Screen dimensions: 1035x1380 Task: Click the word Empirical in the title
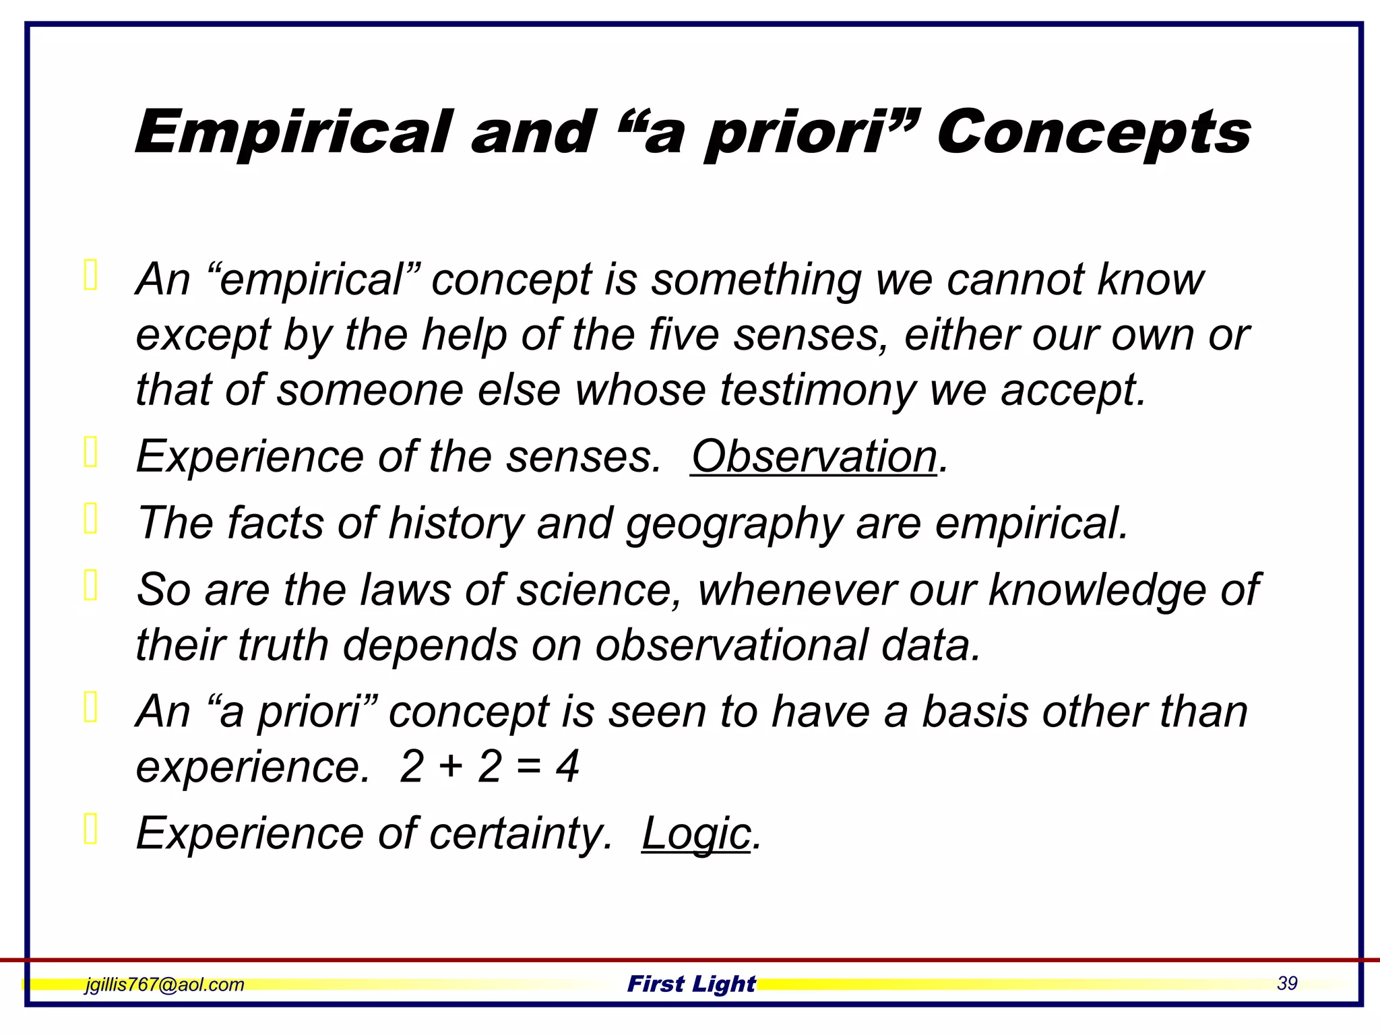(293, 133)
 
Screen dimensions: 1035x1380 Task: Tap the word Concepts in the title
(1093, 133)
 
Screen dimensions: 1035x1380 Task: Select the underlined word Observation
(814, 457)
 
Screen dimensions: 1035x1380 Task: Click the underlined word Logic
(696, 834)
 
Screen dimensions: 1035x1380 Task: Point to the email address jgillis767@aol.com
(164, 984)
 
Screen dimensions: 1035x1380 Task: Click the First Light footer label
(691, 984)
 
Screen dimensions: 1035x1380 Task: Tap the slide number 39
(1286, 983)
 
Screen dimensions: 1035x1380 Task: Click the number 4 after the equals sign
(567, 767)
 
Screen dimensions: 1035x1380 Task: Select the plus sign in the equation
(449, 767)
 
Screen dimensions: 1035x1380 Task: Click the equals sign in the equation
(529, 767)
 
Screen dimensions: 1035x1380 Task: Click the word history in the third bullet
(456, 524)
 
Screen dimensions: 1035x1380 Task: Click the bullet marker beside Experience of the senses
(91, 451)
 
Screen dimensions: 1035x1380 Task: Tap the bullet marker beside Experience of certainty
(91, 829)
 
